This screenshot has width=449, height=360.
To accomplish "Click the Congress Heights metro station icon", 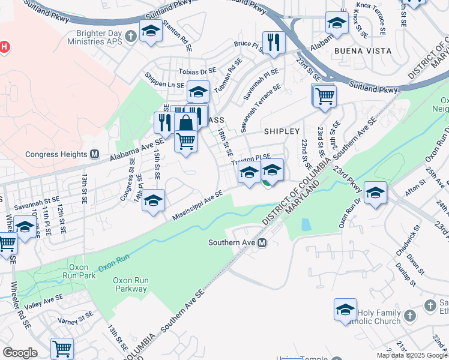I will pos(94,154).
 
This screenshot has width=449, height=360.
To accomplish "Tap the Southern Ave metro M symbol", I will pos(262,243).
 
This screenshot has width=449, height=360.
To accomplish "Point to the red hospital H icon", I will pos(5,46).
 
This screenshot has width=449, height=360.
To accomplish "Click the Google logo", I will pos(20,352).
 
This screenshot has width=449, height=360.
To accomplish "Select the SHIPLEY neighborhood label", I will pos(281,131).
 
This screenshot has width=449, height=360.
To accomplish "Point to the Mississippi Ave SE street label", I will pos(197,205).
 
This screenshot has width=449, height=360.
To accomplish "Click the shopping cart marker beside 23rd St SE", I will pos(324,95).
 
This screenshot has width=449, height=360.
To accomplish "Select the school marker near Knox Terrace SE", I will pos(337,23).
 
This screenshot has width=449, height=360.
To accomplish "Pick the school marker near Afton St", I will pos(375,193).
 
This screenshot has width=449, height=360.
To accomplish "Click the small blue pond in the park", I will pos(306,225).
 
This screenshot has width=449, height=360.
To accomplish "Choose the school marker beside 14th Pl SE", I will pos(154,200).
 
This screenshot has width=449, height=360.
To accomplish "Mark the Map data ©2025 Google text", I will pos(411,355).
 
